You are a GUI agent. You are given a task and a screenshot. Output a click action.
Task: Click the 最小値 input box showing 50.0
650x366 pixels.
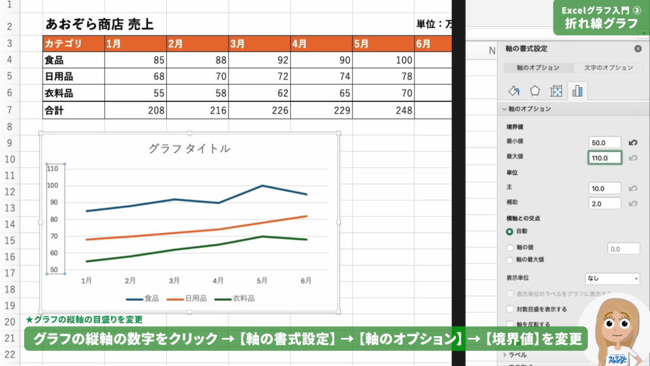coord(604,142)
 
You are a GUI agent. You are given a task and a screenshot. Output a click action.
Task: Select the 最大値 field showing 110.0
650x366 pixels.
coord(604,158)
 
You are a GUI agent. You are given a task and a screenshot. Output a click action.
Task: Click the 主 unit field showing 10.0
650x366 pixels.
coord(604,188)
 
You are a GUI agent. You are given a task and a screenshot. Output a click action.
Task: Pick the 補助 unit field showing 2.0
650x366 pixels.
coord(604,203)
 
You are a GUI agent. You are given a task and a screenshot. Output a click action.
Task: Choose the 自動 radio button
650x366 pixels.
coord(510,231)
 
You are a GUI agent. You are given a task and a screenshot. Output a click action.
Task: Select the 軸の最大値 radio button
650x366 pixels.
coord(510,259)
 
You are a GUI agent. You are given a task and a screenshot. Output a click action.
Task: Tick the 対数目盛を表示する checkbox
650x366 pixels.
coord(510,309)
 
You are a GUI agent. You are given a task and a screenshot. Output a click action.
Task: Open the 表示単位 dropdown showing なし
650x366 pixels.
coord(612,278)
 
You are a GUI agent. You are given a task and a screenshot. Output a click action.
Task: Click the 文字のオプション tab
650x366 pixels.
coord(604,68)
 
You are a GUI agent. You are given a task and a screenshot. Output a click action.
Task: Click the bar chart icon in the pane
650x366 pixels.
coord(577,91)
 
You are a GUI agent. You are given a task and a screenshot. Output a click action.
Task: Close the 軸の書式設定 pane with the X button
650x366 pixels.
coord(637,48)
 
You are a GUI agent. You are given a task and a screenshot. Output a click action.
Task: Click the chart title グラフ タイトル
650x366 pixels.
coord(189,149)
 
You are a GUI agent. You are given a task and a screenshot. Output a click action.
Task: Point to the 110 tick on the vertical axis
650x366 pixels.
coord(52,168)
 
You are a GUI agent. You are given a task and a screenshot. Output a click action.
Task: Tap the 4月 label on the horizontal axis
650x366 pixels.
coord(218,280)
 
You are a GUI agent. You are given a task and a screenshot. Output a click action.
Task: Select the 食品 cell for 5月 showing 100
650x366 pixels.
coord(383,60)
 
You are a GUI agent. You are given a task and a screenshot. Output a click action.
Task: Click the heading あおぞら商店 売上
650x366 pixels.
coord(100,25)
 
